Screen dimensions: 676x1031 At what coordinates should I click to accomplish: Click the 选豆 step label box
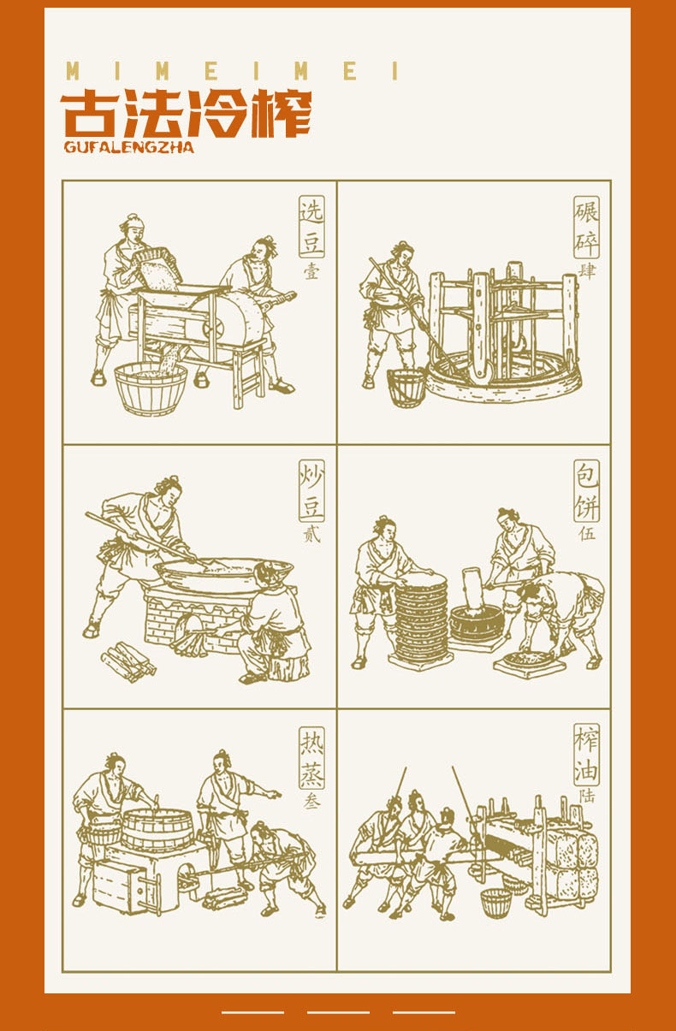(x=311, y=227)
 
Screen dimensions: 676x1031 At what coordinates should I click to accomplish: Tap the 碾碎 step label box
(x=586, y=227)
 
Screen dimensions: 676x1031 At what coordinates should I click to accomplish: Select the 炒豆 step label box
(x=311, y=490)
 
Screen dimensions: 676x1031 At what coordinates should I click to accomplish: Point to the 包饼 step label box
(x=586, y=490)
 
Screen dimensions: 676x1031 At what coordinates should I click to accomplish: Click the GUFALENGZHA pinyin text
(x=129, y=147)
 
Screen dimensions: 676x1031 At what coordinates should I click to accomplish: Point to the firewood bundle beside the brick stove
(x=128, y=662)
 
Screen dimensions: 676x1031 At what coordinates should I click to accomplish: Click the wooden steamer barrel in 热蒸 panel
(x=157, y=829)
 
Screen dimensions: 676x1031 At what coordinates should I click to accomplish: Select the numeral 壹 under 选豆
(x=311, y=272)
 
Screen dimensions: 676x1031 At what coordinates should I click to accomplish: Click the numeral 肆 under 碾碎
(x=587, y=271)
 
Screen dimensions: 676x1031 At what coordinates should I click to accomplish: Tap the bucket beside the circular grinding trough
(x=406, y=387)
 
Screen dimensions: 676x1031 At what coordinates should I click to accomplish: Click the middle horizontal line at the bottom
(x=338, y=1012)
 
